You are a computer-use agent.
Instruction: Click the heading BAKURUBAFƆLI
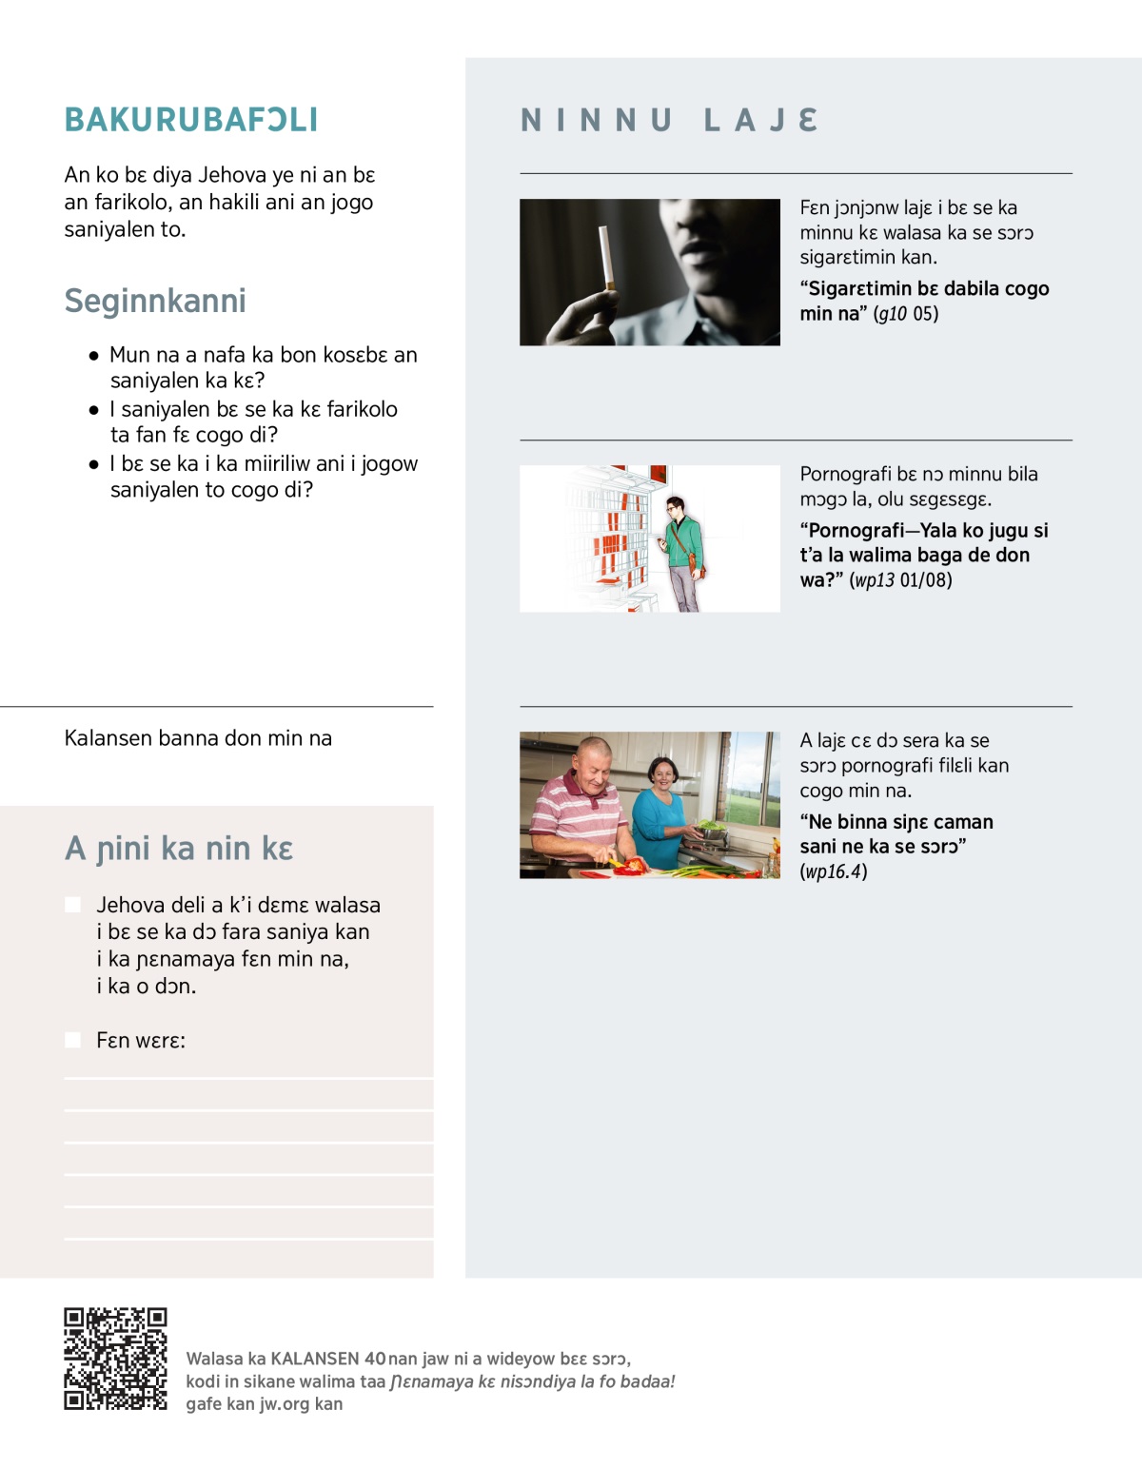191,120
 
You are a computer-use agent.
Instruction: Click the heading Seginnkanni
155,301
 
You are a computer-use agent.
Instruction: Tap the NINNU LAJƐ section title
670,120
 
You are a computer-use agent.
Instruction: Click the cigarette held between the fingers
604,257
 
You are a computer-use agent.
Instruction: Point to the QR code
115,1359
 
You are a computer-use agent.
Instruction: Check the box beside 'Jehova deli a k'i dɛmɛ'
72,905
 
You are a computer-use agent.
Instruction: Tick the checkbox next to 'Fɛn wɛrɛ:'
72,1040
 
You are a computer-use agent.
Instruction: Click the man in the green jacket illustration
682,552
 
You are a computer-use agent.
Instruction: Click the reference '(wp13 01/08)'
900,580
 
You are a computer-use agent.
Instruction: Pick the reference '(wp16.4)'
834,871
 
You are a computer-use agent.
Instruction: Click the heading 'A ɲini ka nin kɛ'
179,849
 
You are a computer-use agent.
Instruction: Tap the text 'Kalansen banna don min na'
198,738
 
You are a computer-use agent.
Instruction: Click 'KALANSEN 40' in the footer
328,1359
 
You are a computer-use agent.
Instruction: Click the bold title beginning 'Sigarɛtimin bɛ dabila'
923,289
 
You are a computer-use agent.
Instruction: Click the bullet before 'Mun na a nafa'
93,356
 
